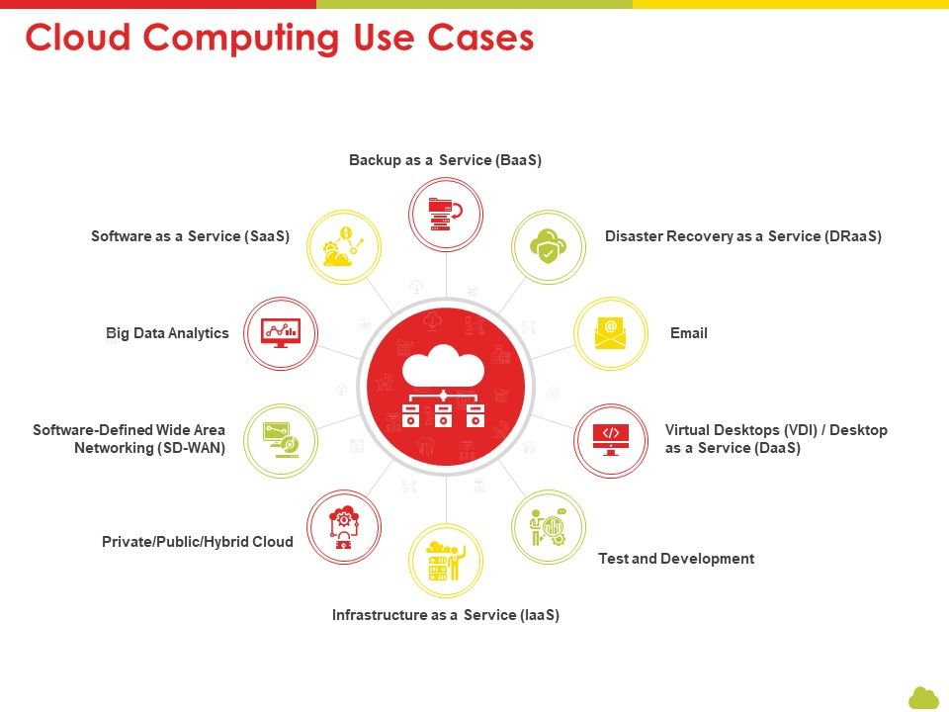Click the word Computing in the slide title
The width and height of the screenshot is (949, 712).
242,39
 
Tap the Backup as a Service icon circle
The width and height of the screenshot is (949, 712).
446,215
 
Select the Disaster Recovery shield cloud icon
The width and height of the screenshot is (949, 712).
548,246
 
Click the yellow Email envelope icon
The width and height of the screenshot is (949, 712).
611,333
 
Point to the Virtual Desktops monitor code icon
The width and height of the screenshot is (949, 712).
611,440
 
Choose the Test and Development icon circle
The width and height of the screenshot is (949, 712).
549,527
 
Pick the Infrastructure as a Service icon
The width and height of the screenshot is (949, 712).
446,561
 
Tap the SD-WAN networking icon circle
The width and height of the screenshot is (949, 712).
280,441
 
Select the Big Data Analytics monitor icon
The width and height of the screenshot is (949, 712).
280,333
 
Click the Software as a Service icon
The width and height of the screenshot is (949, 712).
344,246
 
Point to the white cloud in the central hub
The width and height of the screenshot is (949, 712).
443,365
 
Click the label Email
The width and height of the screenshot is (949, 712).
689,333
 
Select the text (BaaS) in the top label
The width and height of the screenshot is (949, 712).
518,160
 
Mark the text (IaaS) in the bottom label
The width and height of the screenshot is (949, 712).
539,615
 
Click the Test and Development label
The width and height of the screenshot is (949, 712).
676,559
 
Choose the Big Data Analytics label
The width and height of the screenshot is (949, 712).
167,333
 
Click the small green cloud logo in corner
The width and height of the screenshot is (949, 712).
923,697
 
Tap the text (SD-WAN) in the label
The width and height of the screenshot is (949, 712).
191,448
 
